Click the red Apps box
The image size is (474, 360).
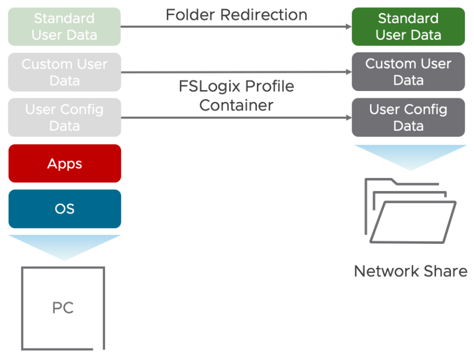coord(64,163)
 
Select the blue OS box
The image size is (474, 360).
coord(64,209)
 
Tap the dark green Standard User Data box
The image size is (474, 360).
coord(408,27)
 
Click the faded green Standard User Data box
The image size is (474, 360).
coord(64,27)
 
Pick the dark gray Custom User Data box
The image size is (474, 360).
coord(408,72)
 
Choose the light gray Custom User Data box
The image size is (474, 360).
coord(64,72)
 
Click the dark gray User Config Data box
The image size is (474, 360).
coord(408,117)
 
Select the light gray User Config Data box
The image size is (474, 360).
coord(64,118)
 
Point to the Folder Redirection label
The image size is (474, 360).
coord(236,15)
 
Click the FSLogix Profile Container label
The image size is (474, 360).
coord(236,95)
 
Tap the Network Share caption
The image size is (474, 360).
coord(410,271)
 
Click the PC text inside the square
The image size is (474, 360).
coord(63,308)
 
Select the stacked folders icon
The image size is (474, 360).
coord(410,211)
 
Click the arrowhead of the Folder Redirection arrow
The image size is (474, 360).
coord(347,27)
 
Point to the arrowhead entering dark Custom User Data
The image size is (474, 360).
coord(347,72)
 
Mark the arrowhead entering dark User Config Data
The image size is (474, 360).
coord(347,118)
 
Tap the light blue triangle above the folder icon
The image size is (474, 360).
coord(410,155)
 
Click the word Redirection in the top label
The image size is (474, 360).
coord(264,15)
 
